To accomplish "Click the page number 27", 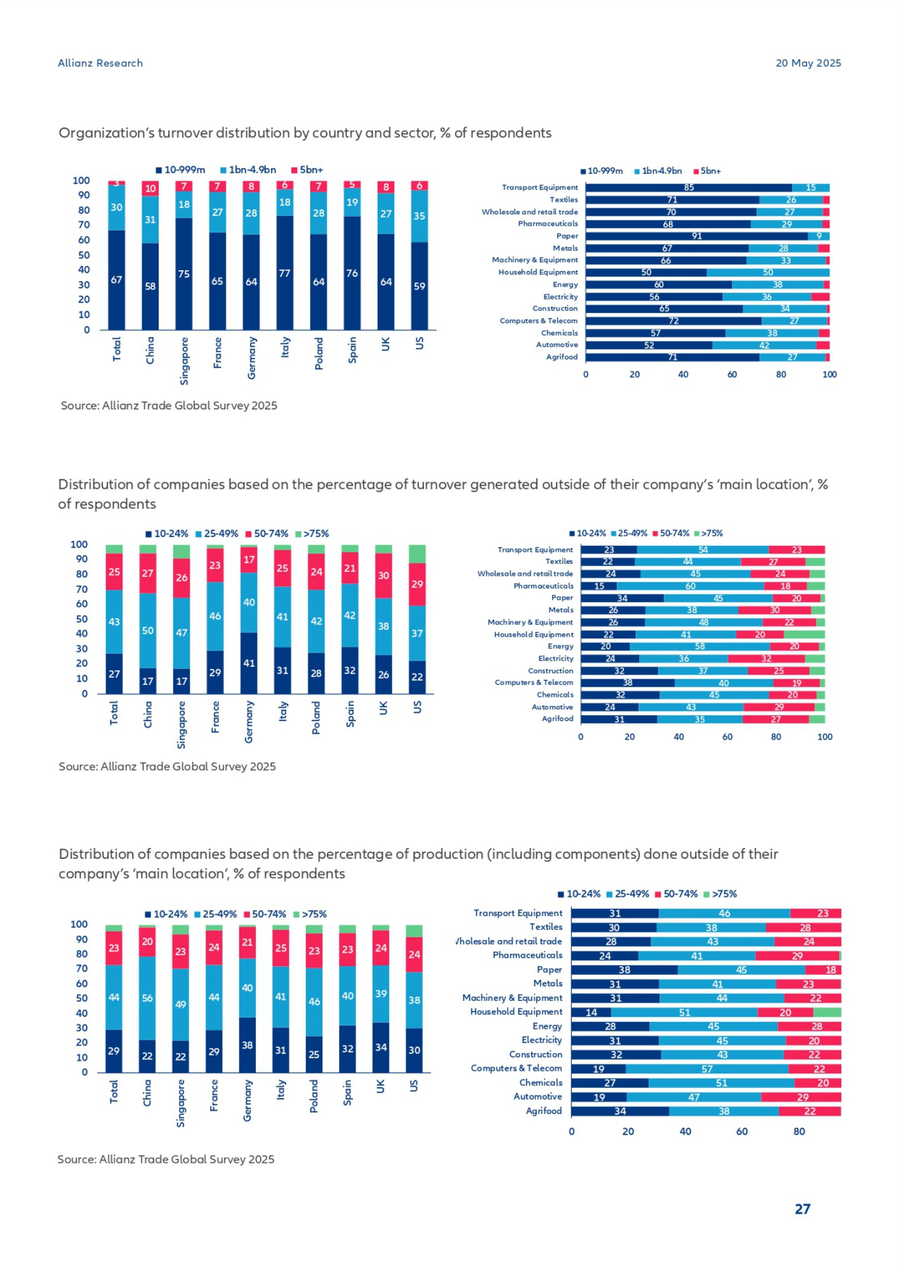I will coord(802,1209).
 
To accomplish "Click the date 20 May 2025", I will coord(808,63).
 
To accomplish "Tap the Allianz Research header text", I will coord(100,63).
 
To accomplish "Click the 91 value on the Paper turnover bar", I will coord(697,236).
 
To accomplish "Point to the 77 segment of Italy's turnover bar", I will coord(285,274).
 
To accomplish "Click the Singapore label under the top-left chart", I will coord(184,361).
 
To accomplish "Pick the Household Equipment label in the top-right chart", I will coord(538,272).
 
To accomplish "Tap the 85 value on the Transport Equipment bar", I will coord(689,188).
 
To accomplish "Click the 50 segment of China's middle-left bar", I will coord(148,631).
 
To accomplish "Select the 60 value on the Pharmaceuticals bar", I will coord(691,586).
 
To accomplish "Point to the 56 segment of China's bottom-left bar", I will coord(147,998).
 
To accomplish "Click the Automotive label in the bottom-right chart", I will coord(538,1097).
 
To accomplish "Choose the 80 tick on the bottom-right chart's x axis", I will coord(799,1132).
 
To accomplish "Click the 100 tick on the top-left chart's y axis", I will coord(81,181).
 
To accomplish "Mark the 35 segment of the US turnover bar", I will coord(420,216).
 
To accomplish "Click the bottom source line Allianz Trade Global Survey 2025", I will coord(166,1160).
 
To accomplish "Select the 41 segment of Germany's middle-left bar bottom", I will coord(249,663).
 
